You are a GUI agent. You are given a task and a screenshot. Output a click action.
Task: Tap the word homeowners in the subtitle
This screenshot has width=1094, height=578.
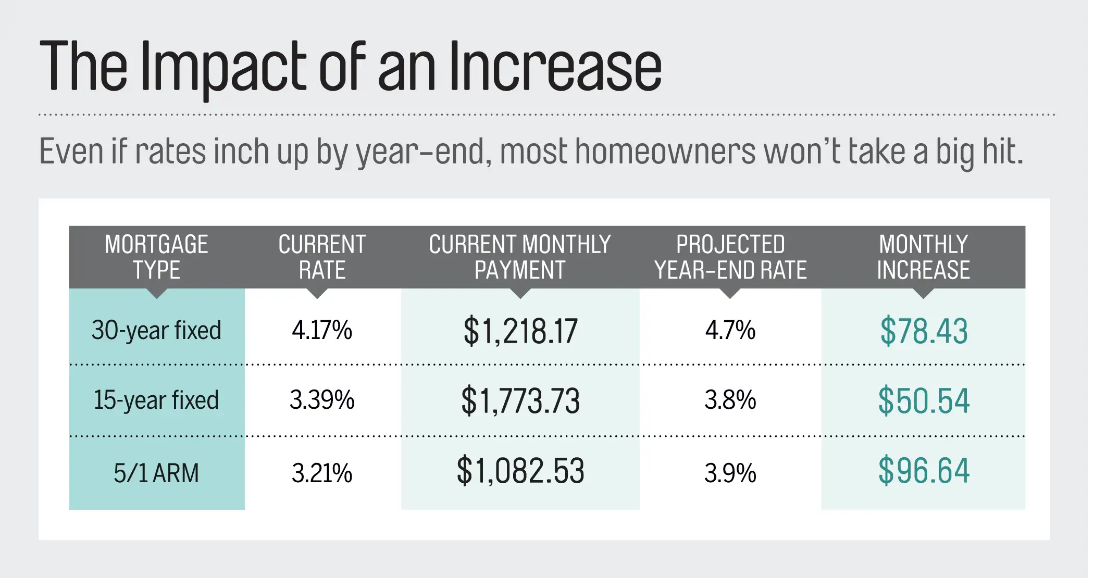coord(665,152)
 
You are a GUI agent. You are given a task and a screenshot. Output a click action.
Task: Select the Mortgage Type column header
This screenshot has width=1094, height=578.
coord(156,257)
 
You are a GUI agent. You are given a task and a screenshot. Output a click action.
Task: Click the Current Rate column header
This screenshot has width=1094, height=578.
coord(322,257)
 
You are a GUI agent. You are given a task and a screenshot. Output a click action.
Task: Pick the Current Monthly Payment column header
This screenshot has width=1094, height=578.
coord(520,257)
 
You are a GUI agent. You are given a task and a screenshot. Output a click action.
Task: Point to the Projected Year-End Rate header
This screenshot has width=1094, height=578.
coord(730,257)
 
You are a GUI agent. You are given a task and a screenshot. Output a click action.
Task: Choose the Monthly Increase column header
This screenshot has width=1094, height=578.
coord(923,257)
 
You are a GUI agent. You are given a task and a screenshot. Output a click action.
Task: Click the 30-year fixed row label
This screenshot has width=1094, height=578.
coord(156,331)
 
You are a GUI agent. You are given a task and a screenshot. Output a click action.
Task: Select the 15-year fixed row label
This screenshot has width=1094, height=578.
coord(156,400)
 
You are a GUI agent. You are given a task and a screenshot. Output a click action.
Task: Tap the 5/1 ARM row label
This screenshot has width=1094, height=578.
coord(156,473)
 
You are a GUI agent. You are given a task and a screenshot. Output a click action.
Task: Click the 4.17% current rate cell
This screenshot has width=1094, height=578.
coord(322,331)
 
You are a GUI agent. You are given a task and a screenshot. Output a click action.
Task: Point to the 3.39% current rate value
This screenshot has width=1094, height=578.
coord(322,400)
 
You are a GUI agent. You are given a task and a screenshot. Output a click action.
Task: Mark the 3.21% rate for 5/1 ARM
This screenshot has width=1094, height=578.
coord(322,473)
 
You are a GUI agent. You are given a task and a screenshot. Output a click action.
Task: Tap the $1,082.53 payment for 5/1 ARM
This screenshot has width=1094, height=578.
coord(520,471)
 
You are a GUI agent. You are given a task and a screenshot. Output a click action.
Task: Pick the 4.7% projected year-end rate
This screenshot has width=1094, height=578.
coord(730,331)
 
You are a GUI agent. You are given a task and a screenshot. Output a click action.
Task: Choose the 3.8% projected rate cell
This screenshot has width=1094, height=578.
coord(730,400)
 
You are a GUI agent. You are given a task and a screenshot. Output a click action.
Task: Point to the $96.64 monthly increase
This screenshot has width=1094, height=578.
coord(924,471)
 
